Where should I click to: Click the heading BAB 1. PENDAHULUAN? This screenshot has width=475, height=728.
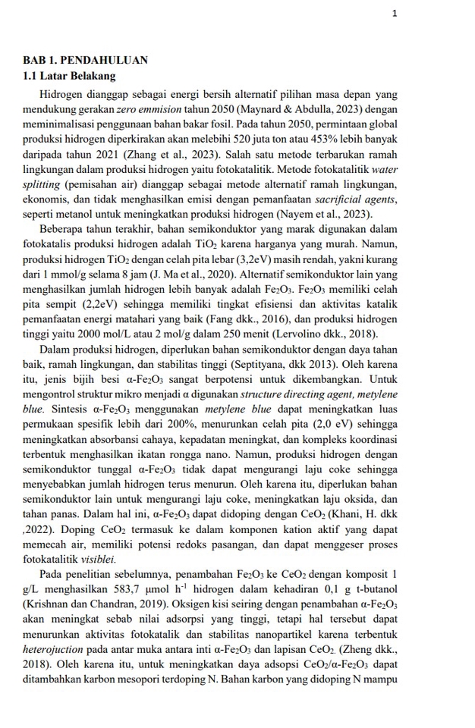(85, 60)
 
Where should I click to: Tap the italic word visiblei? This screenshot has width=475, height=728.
(98, 559)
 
